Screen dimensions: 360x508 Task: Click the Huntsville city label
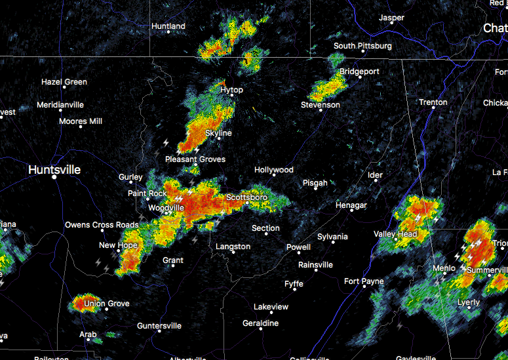(x=54, y=170)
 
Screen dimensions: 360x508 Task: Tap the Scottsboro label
(x=247, y=197)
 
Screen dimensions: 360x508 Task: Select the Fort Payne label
(x=364, y=281)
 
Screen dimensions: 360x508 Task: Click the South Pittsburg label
(x=362, y=46)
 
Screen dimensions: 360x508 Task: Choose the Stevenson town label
(x=321, y=105)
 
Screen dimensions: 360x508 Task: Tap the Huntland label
(x=168, y=26)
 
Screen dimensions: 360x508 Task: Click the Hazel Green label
(x=64, y=82)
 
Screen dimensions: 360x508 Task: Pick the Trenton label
(x=433, y=102)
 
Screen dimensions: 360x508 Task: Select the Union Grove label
(x=106, y=304)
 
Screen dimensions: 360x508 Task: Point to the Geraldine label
(x=260, y=323)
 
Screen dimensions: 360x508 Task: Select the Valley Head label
(x=395, y=234)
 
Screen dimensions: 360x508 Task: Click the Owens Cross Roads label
(x=102, y=225)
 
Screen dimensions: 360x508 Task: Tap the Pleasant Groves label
(x=195, y=159)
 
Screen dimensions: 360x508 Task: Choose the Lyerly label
(x=469, y=302)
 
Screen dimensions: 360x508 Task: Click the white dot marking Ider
(x=376, y=183)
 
